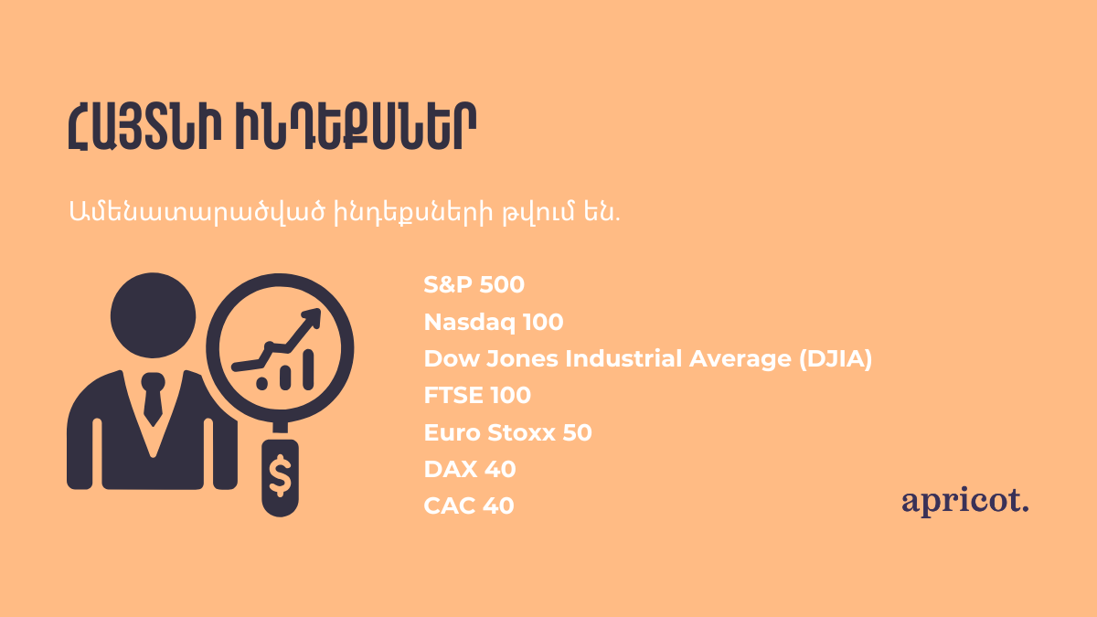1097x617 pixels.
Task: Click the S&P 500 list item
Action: click(x=474, y=284)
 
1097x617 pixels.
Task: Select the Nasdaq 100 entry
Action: click(x=493, y=322)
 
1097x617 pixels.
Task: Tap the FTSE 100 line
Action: click(x=477, y=395)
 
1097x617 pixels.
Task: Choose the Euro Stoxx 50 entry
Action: click(x=507, y=432)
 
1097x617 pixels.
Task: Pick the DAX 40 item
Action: click(x=470, y=469)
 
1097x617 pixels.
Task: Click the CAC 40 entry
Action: click(x=469, y=505)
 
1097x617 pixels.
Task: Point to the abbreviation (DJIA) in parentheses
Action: click(x=836, y=359)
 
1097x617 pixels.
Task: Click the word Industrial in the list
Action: click(x=623, y=358)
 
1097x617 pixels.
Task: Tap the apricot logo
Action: click(x=964, y=502)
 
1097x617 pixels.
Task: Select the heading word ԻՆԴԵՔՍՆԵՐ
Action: click(x=356, y=126)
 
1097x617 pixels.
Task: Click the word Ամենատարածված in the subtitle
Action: click(x=197, y=212)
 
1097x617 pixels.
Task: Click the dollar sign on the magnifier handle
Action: click(x=280, y=475)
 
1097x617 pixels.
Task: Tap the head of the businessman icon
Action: click(x=153, y=315)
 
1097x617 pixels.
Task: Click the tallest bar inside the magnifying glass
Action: click(x=308, y=369)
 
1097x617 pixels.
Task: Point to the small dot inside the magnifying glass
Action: click(x=262, y=383)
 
